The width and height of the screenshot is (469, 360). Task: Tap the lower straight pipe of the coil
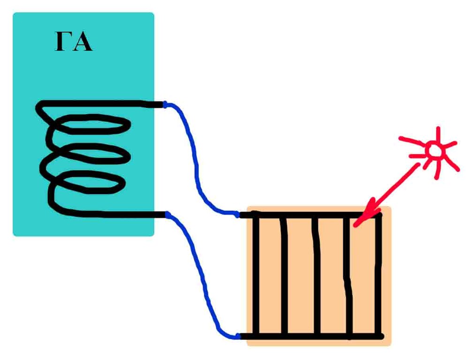(113, 215)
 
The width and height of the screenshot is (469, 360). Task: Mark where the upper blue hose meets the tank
(165, 105)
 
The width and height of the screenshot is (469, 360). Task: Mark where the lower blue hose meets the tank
(167, 215)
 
